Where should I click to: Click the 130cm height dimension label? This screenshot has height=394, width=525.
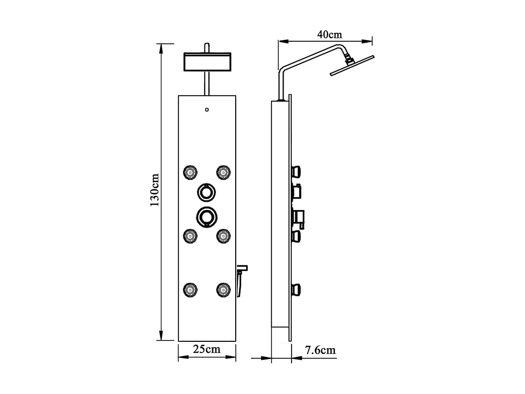(x=154, y=190)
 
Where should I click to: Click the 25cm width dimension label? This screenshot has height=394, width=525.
(x=206, y=349)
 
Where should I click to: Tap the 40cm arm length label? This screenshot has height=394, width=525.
(x=329, y=35)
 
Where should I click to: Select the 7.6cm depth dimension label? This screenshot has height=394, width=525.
(x=320, y=350)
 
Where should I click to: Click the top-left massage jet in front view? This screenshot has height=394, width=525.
(x=190, y=172)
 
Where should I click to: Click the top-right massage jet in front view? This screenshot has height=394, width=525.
(x=223, y=172)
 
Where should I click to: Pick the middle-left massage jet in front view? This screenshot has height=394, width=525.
(x=190, y=236)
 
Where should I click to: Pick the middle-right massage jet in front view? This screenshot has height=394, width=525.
(x=223, y=236)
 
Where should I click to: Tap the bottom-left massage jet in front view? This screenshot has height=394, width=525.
(x=190, y=290)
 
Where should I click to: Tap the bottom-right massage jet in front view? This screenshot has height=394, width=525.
(x=223, y=290)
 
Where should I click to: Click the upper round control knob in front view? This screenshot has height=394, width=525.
(x=206, y=192)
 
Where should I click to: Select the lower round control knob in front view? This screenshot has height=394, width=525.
(x=206, y=216)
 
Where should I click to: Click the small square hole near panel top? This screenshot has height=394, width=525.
(x=207, y=110)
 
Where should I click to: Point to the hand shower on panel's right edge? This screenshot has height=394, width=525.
(x=241, y=280)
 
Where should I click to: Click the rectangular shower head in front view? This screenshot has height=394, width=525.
(x=207, y=62)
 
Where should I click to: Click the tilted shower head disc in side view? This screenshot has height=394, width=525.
(x=352, y=65)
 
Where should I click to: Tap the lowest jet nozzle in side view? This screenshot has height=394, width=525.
(x=296, y=290)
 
